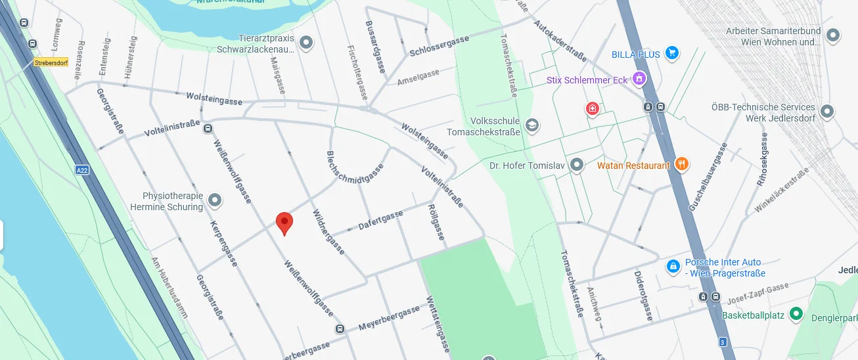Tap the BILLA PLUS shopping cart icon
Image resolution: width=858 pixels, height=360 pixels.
(671, 53)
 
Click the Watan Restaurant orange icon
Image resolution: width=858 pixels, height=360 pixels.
(682, 164)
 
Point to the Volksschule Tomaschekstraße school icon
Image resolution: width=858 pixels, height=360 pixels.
(531, 125)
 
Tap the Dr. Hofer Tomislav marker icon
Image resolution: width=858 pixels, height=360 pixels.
(577, 164)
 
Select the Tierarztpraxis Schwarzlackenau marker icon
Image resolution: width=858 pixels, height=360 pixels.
(305, 43)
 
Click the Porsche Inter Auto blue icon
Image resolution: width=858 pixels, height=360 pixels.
(673, 266)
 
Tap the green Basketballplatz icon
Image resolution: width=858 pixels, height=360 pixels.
(796, 314)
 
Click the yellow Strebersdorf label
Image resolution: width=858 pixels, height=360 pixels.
(52, 63)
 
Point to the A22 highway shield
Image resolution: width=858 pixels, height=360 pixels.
(82, 170)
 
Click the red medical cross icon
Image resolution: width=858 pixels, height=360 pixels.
(592, 108)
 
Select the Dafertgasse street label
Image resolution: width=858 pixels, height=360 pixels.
(380, 220)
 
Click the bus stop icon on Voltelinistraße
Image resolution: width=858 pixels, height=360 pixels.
(208, 129)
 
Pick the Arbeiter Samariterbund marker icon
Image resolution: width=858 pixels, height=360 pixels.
(834, 35)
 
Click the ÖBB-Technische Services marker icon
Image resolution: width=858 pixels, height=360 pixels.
(826, 112)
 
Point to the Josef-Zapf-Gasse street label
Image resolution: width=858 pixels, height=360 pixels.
(757, 293)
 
